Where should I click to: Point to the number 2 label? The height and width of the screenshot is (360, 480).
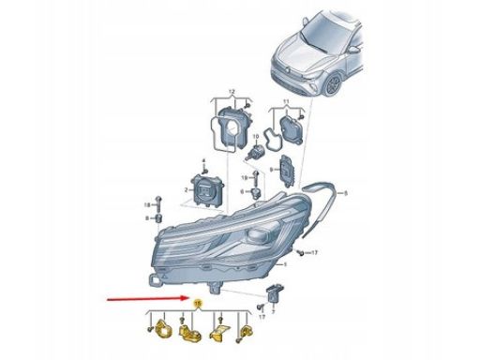[x=187, y=188]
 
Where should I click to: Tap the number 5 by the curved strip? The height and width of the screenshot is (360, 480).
[x=344, y=194]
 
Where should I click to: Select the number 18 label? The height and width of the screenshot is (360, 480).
[x=146, y=203]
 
